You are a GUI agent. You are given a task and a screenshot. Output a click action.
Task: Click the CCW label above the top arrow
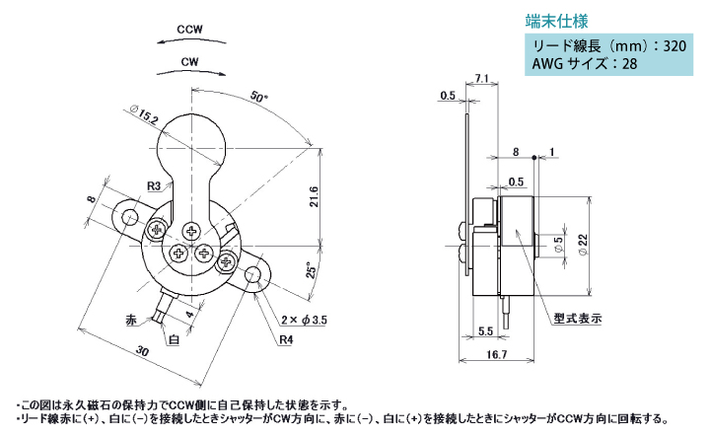[189, 30]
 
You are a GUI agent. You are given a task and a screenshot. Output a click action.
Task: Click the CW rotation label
[189, 61]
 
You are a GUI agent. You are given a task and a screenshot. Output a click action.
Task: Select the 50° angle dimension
[259, 97]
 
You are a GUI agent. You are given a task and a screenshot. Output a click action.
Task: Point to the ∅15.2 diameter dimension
[144, 114]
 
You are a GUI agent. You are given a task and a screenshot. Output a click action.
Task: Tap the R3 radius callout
[154, 185]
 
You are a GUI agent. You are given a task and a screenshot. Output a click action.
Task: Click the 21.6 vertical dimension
[314, 197]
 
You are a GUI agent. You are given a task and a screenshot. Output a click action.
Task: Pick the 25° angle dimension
[312, 270]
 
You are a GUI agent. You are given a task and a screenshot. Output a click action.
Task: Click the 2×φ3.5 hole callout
[304, 321]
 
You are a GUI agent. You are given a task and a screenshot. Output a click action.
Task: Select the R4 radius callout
[286, 339]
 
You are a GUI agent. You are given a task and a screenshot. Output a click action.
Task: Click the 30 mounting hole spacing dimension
[143, 351]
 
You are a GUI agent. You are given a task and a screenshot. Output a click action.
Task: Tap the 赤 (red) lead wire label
[131, 321]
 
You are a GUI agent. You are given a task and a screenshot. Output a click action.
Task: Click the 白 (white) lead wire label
[174, 339]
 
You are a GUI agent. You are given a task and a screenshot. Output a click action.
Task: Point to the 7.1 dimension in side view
[482, 78]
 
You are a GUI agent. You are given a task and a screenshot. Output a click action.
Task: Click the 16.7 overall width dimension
[497, 354]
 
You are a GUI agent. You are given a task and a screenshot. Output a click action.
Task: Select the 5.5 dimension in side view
[485, 331]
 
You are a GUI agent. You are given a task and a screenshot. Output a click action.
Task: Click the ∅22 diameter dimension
[583, 246]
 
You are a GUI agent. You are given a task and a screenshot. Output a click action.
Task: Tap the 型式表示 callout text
[578, 319]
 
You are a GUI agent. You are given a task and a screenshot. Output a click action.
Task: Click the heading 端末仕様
[556, 22]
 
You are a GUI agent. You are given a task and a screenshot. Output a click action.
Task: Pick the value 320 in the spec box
[674, 45]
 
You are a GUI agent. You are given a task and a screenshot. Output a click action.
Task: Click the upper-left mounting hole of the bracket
[130, 216]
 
